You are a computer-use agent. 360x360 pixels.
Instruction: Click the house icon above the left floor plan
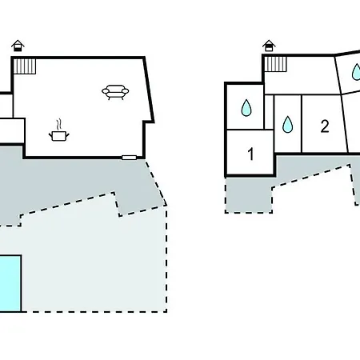18,46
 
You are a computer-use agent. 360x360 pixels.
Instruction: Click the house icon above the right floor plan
269,46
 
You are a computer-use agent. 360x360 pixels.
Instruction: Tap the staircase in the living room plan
25,66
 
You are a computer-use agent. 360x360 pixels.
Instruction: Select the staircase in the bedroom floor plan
275,64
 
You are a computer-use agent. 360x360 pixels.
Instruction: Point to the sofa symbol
115,92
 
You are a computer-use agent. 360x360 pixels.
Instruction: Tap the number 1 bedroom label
250,154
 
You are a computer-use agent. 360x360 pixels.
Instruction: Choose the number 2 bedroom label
325,126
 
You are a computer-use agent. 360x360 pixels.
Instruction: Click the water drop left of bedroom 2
287,124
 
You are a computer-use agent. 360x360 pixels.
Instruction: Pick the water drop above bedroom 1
246,108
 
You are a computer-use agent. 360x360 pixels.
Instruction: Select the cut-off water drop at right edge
356,72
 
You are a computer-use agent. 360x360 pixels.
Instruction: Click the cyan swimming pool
10,283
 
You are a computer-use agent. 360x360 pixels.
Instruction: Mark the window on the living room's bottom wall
130,158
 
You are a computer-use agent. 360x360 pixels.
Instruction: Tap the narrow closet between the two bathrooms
269,112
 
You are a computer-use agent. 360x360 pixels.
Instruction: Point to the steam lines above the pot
60,124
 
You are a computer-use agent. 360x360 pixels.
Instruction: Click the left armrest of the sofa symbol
106,91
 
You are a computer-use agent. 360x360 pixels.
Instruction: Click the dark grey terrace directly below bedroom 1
249,194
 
